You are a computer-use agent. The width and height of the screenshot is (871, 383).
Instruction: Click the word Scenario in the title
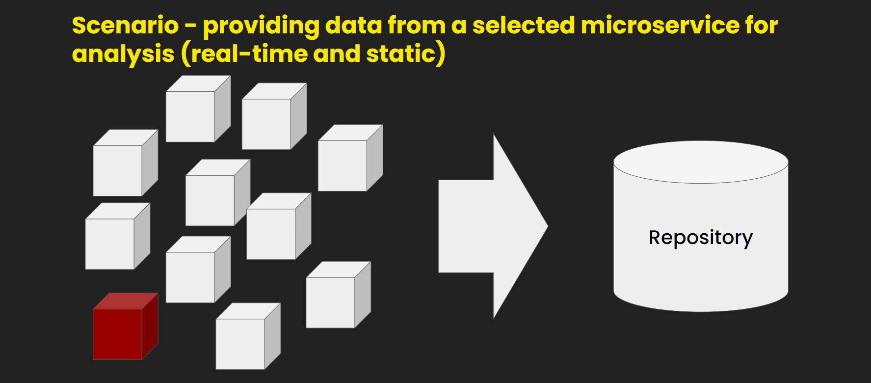pos(125,26)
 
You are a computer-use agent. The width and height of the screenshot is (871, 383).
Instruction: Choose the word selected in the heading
pos(523,26)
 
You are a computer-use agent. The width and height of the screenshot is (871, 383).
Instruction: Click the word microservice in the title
pos(660,26)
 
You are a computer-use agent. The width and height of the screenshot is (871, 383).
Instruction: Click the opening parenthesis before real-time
pos(185,54)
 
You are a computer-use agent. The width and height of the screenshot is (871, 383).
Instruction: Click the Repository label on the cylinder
pos(700,238)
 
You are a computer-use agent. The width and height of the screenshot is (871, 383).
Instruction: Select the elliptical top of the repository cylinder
pos(700,162)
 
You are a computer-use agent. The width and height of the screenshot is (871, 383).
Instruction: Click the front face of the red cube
pos(117,334)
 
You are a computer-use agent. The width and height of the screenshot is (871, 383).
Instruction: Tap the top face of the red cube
pos(126,301)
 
